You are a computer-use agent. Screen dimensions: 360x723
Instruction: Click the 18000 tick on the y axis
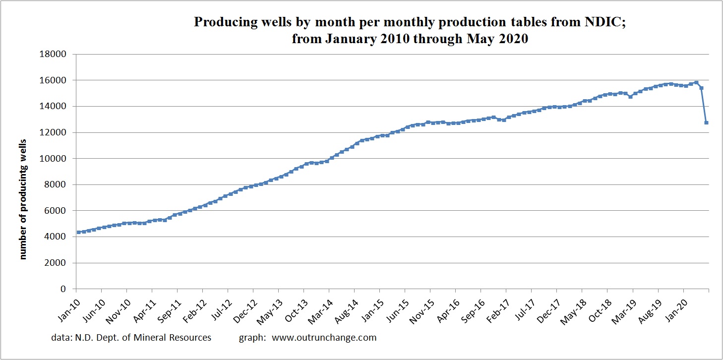pyautogui.click(x=56, y=54)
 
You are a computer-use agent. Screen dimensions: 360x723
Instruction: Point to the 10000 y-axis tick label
pyautogui.click(x=56, y=159)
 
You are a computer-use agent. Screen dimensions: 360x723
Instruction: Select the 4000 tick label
pyautogui.click(x=58, y=237)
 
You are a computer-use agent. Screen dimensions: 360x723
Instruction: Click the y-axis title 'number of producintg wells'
pyautogui.click(x=23, y=198)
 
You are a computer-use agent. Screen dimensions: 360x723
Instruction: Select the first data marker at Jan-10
pyautogui.click(x=79, y=232)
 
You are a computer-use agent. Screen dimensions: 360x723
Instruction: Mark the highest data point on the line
pyautogui.click(x=696, y=83)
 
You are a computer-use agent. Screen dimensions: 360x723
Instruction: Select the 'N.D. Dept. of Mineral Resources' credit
pyautogui.click(x=131, y=338)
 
